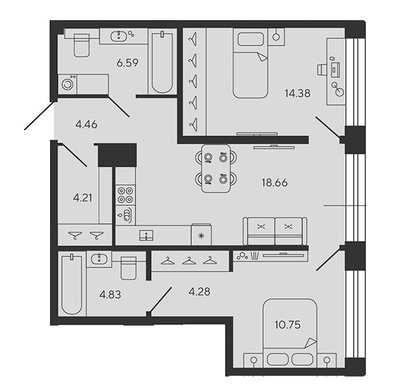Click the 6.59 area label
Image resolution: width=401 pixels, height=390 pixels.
point(128,63)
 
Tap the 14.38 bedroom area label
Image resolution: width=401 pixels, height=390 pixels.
point(297,93)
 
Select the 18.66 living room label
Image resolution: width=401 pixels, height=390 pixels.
point(275,182)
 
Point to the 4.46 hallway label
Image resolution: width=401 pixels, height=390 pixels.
point(86,124)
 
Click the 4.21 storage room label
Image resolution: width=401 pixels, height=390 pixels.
point(82,198)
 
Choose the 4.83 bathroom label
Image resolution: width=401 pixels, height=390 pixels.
point(110,294)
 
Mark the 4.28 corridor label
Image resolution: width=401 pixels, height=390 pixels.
point(199,292)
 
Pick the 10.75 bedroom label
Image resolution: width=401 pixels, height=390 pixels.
point(288,325)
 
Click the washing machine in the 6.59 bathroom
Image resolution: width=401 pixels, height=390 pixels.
point(68,84)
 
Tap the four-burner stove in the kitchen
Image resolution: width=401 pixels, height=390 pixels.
point(125,195)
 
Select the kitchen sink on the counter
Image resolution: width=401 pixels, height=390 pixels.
point(146,235)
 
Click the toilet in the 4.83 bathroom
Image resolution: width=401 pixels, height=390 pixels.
point(128,268)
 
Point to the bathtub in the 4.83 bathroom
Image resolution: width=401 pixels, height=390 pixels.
point(72,284)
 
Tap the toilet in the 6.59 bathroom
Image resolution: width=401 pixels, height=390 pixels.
point(81,45)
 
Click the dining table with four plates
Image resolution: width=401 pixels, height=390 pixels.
point(216,169)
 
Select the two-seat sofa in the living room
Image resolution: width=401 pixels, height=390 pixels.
point(275,231)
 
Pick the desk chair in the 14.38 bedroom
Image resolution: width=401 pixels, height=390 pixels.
point(322,70)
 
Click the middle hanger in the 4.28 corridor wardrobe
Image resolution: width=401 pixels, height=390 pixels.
point(189,261)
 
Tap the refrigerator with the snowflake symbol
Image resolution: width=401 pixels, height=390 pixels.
point(201,234)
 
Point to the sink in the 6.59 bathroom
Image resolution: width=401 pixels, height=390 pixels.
point(118,36)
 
